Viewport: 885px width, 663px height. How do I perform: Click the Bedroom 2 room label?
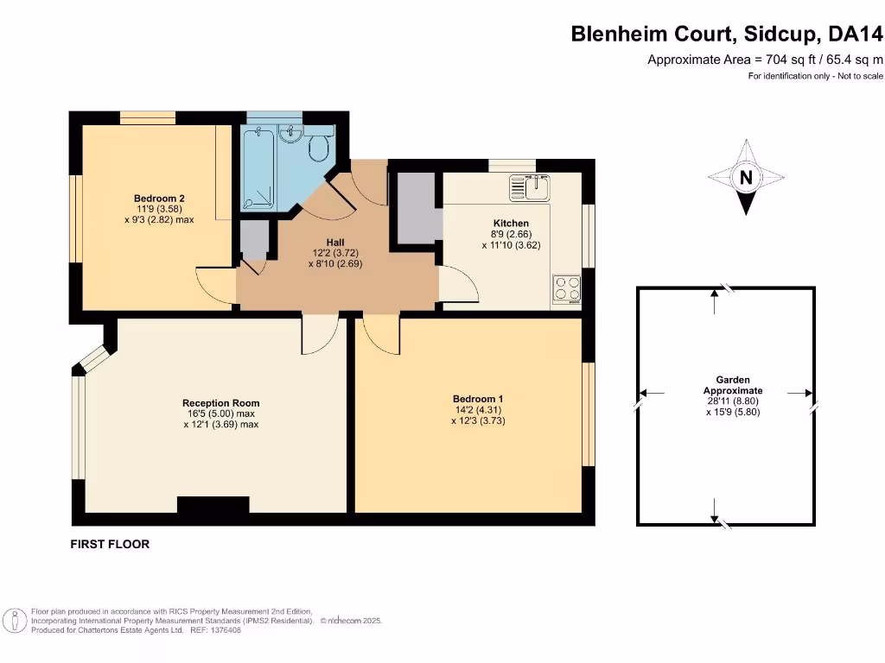coord(159,198)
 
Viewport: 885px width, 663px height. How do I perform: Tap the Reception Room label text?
coord(220,403)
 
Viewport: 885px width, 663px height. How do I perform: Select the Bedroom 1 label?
coord(478,399)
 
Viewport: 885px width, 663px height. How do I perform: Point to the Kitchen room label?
coord(504,223)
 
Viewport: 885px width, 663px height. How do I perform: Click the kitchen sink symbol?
coord(529,186)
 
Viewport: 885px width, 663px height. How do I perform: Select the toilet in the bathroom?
coord(319,148)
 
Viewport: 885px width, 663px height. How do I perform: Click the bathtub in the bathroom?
coord(258,167)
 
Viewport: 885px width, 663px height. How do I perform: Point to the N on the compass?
coord(744,179)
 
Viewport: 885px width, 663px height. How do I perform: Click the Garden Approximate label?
coord(732,385)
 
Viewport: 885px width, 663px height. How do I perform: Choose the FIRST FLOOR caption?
coord(110,545)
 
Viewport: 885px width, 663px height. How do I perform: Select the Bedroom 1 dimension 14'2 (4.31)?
coord(478,410)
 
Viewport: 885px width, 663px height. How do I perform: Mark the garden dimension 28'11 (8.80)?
coord(732,401)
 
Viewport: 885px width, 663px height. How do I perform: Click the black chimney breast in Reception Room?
coord(213,504)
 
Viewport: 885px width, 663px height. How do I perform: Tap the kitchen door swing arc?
coord(458,285)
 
